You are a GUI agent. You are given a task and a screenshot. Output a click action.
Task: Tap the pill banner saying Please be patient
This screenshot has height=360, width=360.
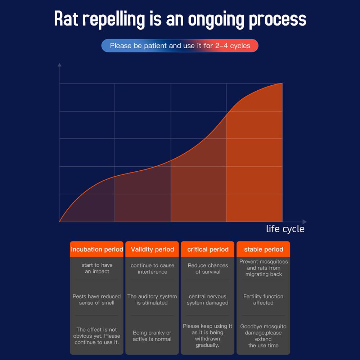(180, 46)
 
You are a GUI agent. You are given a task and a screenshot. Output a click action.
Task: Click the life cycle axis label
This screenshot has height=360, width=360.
(285, 229)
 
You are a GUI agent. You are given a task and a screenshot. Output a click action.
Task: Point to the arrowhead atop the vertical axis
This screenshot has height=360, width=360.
(60, 65)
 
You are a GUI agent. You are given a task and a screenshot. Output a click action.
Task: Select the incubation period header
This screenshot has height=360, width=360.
(97, 249)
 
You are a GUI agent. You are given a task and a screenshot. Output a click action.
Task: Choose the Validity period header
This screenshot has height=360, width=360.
(152, 249)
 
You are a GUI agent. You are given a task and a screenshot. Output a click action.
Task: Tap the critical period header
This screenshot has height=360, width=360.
(208, 249)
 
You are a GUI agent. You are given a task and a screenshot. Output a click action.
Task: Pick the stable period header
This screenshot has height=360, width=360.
(264, 249)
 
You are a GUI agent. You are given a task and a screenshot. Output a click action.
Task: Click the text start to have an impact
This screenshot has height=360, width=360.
(97, 268)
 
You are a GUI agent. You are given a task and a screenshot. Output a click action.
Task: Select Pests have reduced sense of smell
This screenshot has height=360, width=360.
(97, 300)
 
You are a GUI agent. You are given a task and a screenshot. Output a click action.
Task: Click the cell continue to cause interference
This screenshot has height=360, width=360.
(152, 269)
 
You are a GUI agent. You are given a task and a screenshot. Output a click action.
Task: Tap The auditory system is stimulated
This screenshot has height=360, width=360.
(152, 300)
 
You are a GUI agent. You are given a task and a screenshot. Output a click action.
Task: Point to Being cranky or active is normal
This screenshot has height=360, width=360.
(152, 336)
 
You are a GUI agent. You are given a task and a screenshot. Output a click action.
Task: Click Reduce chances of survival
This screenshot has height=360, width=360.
(208, 269)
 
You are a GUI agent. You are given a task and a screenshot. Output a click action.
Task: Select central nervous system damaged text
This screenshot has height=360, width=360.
(208, 300)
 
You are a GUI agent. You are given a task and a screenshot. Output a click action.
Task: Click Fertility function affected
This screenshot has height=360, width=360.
(264, 300)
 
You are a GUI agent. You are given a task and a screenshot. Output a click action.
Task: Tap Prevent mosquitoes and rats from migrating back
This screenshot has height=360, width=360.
(264, 268)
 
